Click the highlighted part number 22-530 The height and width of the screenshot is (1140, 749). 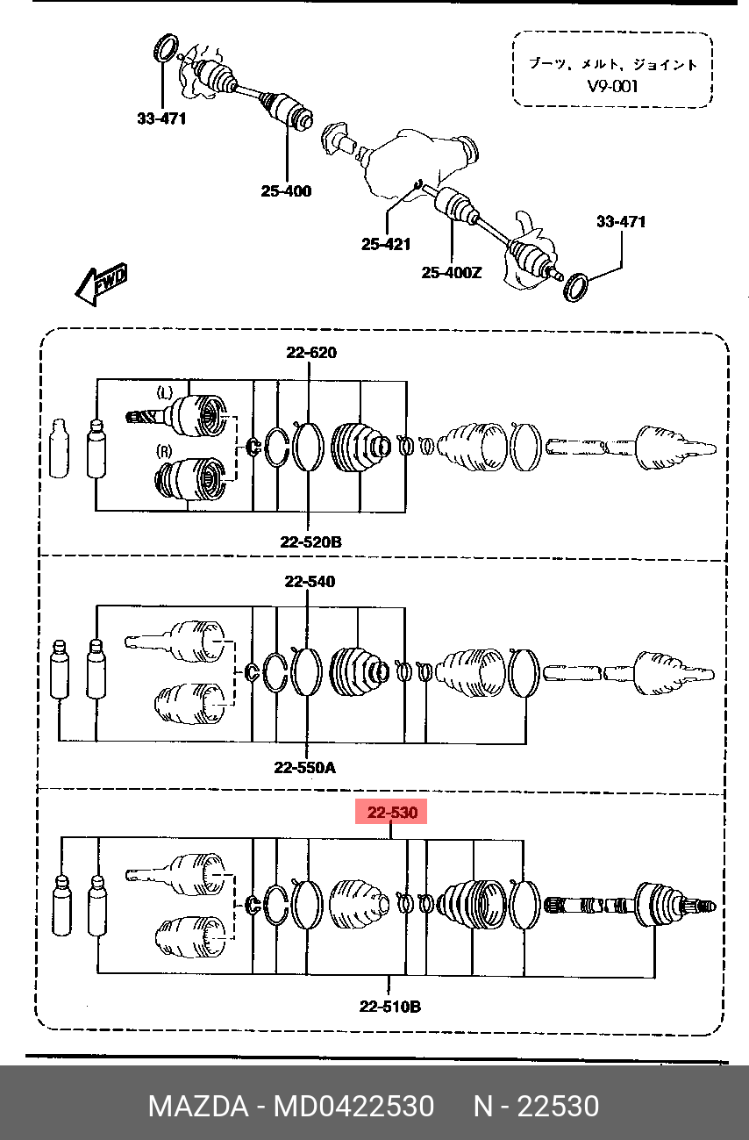(392, 813)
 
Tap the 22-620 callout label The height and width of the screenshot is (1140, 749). (311, 352)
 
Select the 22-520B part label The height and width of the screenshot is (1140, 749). (310, 542)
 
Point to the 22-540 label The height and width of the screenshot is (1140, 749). (310, 581)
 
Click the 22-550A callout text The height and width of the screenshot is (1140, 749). (305, 768)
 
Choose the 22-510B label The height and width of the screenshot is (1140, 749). (390, 1007)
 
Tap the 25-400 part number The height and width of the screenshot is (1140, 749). (286, 191)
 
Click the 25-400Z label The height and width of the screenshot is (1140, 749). (452, 273)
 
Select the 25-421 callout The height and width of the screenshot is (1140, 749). (386, 244)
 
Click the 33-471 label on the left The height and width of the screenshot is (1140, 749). (161, 118)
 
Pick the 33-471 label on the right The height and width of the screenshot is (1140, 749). (621, 221)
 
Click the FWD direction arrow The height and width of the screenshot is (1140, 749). (101, 284)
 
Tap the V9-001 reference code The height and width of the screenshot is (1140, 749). (612, 86)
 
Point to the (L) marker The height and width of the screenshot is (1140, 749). (164, 392)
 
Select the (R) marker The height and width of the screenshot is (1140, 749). (164, 451)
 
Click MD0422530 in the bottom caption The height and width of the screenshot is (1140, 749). (354, 1106)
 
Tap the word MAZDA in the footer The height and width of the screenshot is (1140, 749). (198, 1106)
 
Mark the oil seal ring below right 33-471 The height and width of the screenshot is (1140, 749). (577, 288)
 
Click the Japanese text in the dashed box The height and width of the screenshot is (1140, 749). (612, 64)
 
